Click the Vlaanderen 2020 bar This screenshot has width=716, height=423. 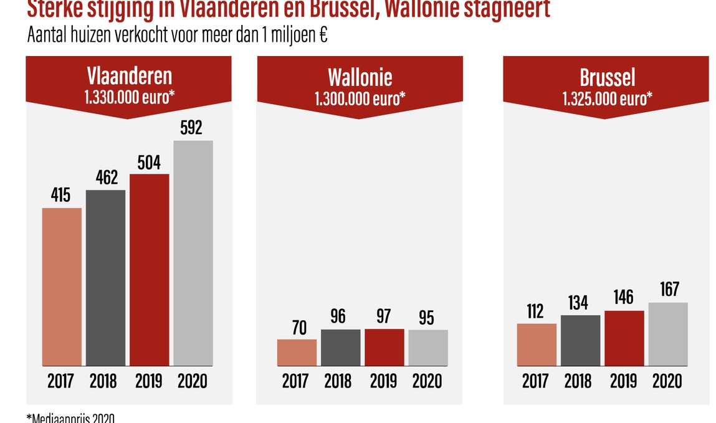[x=193, y=253]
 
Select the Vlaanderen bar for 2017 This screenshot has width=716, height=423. [x=62, y=287]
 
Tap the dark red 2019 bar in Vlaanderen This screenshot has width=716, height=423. [x=150, y=270]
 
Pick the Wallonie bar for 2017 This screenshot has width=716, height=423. [x=297, y=353]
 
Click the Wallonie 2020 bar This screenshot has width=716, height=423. [x=428, y=348]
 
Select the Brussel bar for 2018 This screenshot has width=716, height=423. [x=580, y=341]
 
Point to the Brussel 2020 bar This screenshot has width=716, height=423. [x=668, y=335]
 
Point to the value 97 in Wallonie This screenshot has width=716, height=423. [x=384, y=316]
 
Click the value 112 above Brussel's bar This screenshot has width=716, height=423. [x=537, y=311]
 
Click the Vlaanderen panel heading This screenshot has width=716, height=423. [x=128, y=77]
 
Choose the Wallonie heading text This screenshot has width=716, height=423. [x=360, y=77]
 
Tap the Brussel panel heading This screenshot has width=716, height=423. [x=607, y=77]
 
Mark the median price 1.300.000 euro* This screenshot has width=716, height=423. [x=360, y=98]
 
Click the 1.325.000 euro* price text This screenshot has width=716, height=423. [x=607, y=98]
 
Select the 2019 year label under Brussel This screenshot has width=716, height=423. [x=624, y=381]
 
